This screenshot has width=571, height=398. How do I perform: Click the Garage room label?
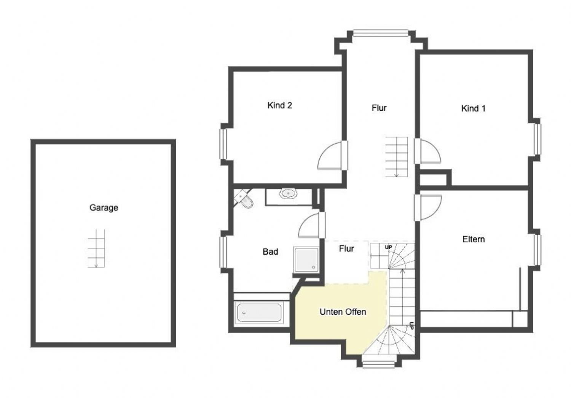(x=104, y=208)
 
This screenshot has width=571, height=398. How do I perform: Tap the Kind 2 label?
(x=280, y=105)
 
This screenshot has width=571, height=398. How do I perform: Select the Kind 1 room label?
(x=474, y=108)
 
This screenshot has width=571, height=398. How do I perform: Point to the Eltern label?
(x=474, y=239)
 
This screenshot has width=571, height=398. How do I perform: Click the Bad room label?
(x=270, y=252)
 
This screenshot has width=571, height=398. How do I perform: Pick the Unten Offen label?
(x=343, y=312)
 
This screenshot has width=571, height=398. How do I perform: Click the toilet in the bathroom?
(x=244, y=199)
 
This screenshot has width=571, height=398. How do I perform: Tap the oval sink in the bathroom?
(x=288, y=194)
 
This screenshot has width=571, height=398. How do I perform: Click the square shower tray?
(x=306, y=259)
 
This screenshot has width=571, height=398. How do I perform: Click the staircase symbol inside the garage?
(x=96, y=248)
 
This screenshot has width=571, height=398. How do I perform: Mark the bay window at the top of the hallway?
(x=381, y=33)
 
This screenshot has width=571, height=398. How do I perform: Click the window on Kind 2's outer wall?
(x=223, y=144)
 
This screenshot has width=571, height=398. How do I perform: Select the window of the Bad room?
(x=223, y=252)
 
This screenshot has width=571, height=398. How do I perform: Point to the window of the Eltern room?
(x=538, y=250)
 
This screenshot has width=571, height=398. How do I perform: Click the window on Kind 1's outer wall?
(x=538, y=139)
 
